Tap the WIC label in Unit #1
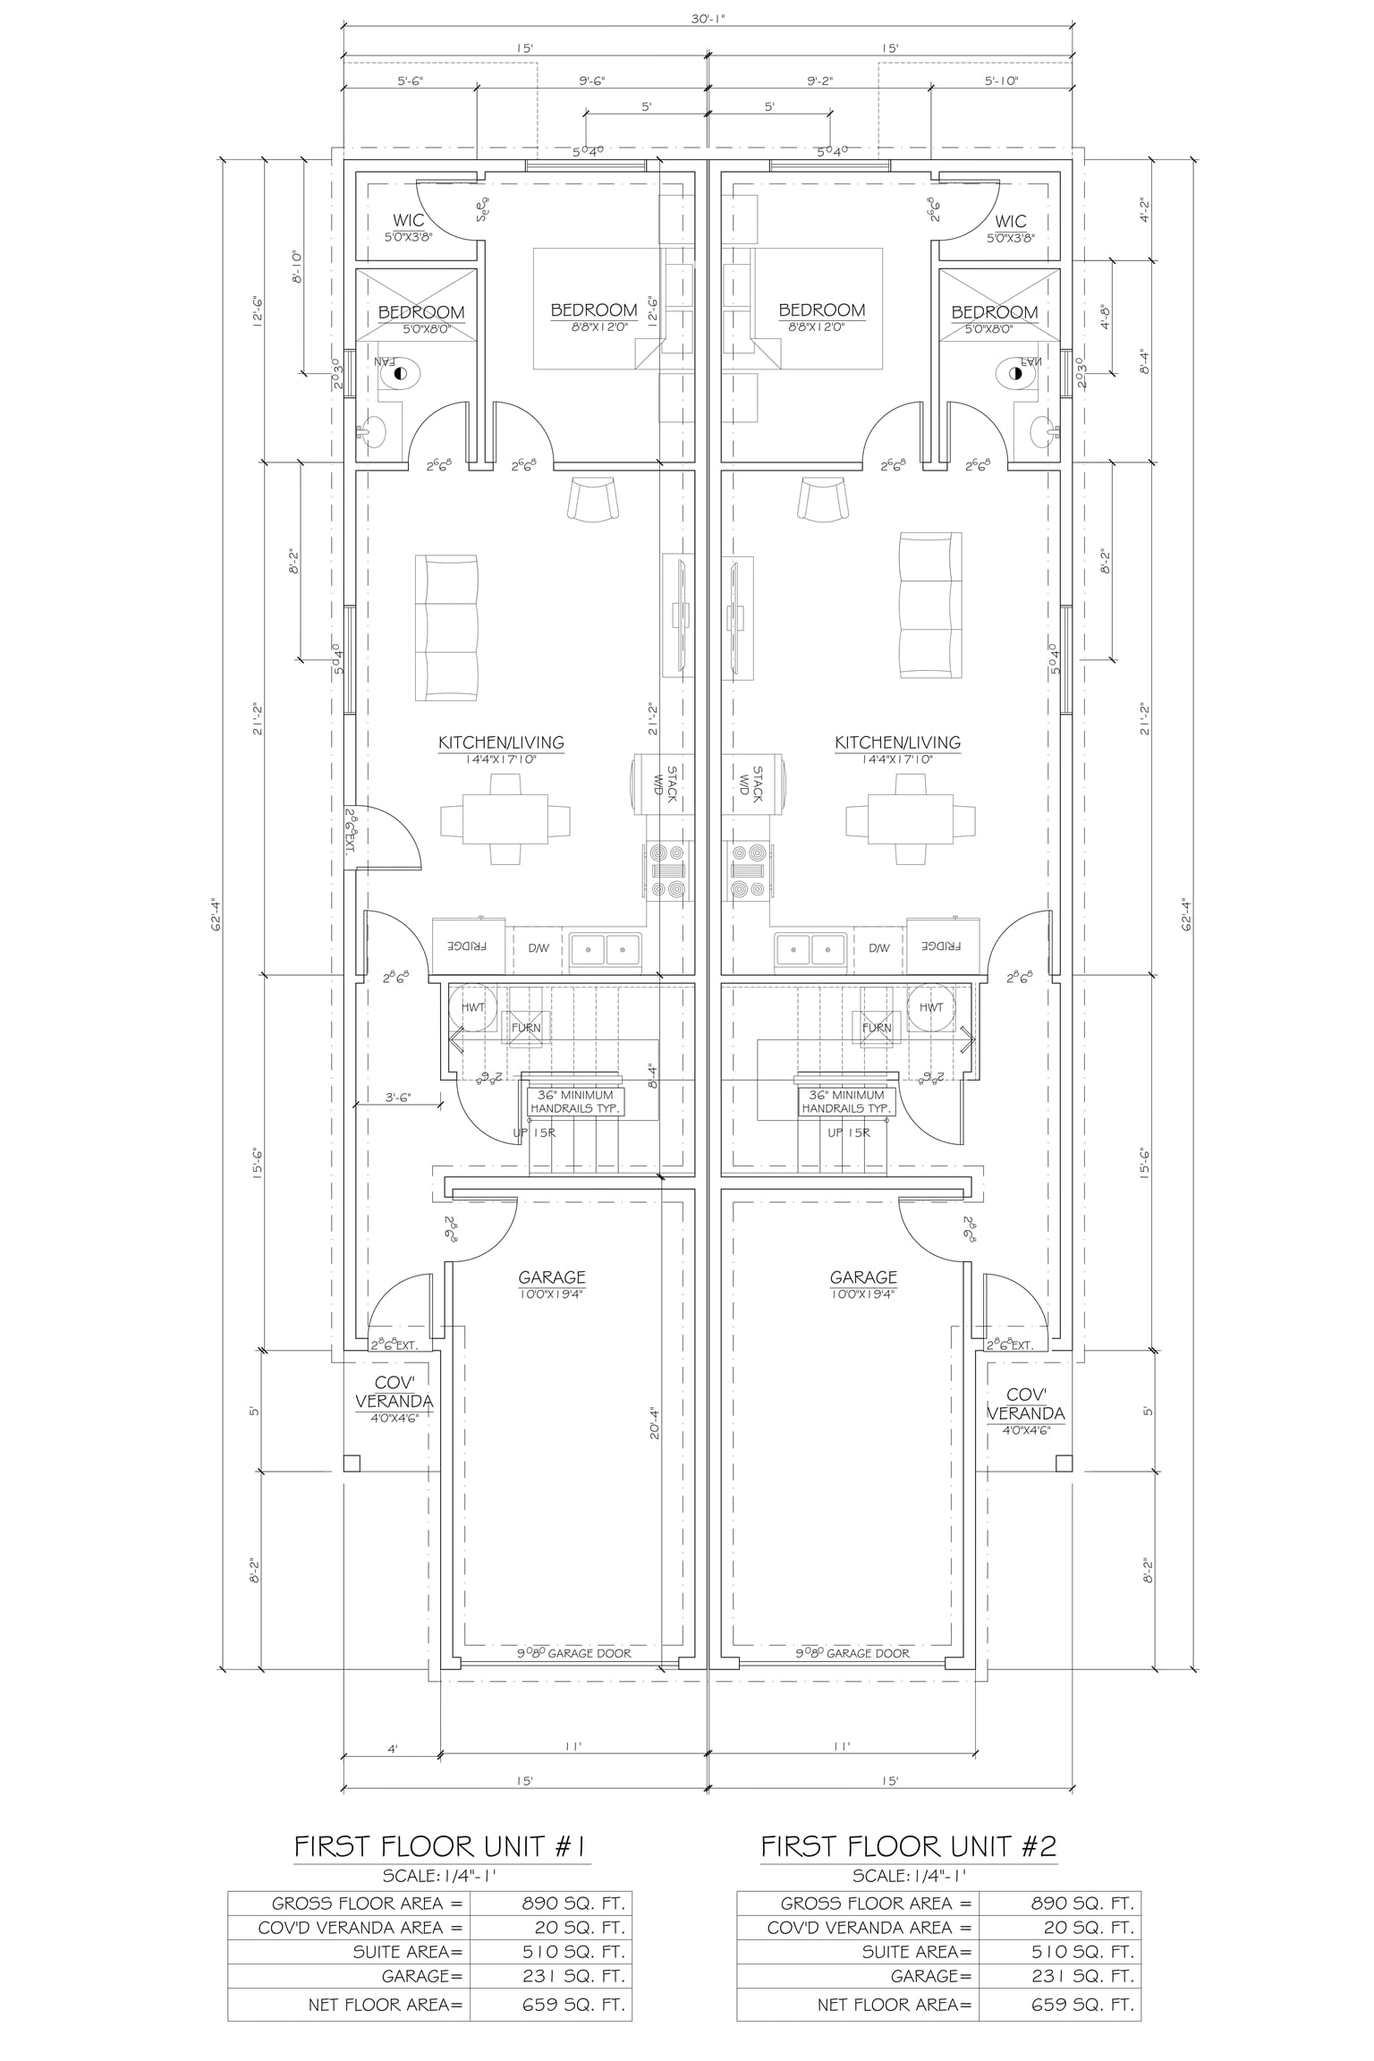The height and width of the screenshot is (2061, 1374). coord(409,221)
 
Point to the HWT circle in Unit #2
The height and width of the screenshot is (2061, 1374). coord(930,1006)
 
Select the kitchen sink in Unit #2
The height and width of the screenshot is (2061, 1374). coord(811,947)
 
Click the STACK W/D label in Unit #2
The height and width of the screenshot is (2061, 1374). coord(750,781)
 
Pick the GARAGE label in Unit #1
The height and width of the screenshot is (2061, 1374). coord(552,1277)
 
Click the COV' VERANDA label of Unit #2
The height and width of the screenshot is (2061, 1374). coord(1026,1404)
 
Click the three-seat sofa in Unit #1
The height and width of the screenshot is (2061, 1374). coord(446,627)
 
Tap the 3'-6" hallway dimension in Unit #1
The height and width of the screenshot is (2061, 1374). coord(398,1098)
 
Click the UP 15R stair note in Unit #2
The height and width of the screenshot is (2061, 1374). coord(848,1132)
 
